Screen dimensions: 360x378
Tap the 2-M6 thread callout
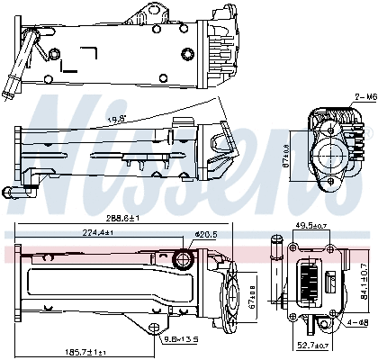pos(364,95)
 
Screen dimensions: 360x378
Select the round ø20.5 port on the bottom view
pos(185,262)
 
